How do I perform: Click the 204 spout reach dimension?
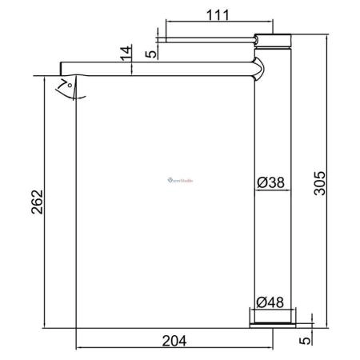pyautogui.click(x=174, y=341)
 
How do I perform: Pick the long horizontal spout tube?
pyautogui.click(x=160, y=73)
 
